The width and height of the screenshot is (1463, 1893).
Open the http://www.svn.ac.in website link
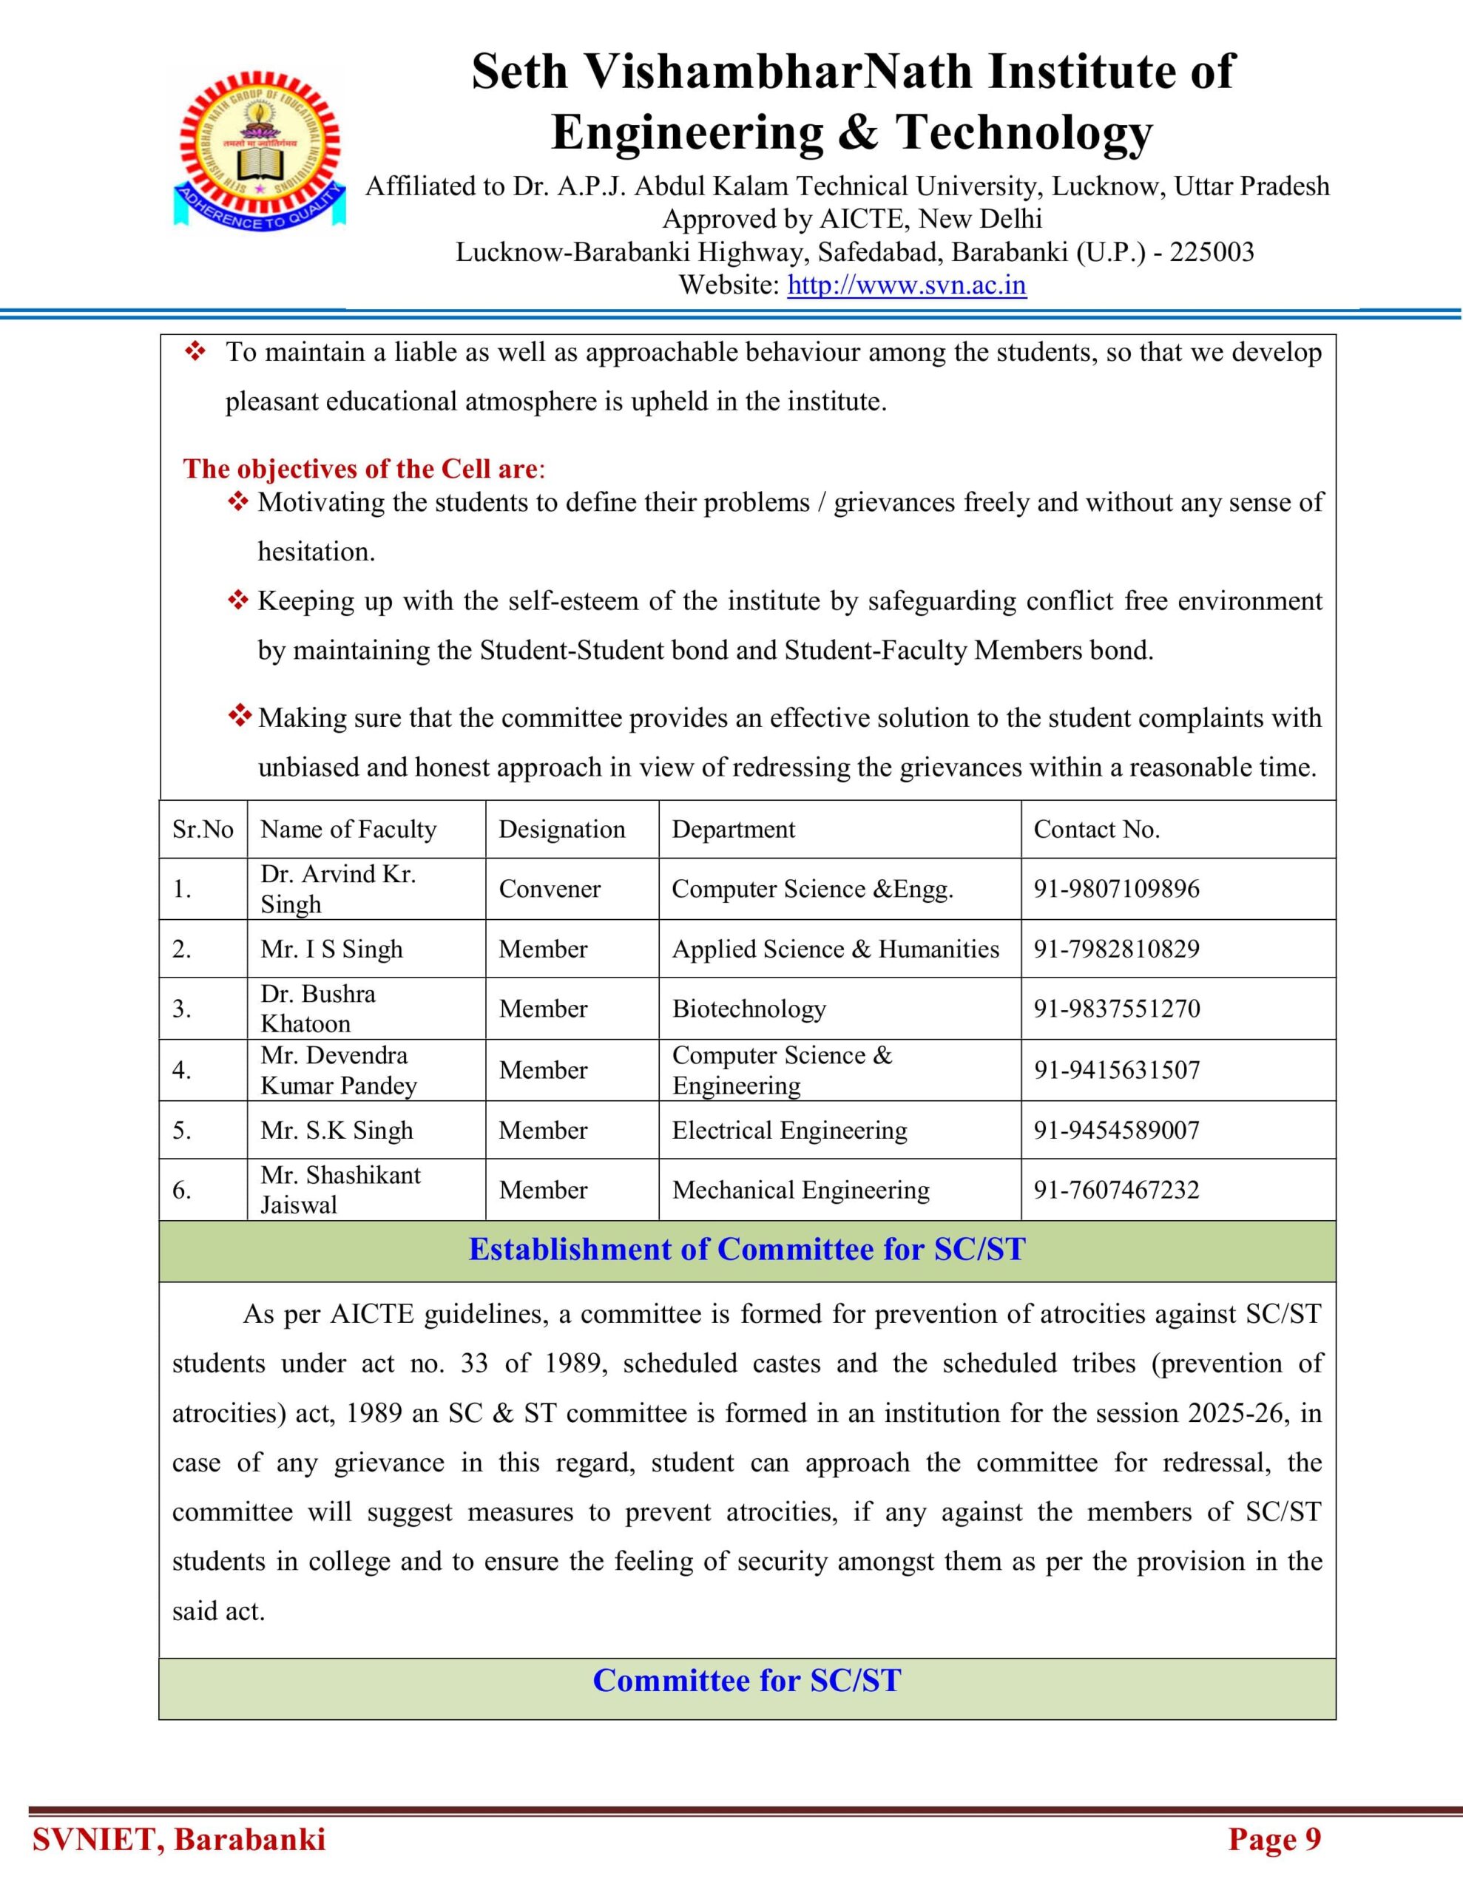(906, 285)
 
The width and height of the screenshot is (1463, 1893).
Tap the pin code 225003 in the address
(1212, 252)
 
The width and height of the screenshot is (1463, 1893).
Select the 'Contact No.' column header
(1096, 830)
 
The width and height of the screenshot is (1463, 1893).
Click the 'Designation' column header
(561, 830)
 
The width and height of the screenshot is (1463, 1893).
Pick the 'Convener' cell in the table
(549, 890)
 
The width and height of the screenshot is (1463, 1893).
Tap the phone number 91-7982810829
(1116, 949)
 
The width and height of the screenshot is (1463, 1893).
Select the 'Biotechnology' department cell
(749, 1009)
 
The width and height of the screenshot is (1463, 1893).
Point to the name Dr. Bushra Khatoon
(317, 1008)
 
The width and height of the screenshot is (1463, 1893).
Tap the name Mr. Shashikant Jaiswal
(340, 1189)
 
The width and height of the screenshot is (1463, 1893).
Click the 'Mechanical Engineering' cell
(800, 1190)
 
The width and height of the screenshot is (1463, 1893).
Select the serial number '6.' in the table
(181, 1190)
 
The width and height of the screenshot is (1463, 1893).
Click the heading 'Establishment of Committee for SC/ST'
(747, 1249)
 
